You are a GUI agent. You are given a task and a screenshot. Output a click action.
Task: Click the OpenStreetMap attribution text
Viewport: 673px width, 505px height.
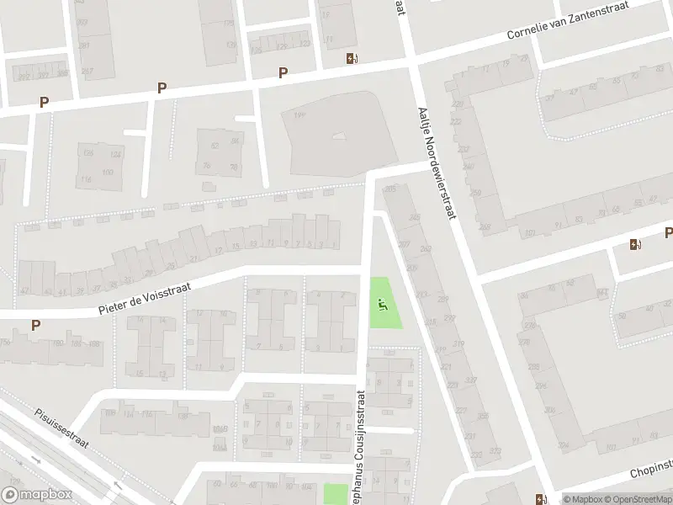tap(637, 499)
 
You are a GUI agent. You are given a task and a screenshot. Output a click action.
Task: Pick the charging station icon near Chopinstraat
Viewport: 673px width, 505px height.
tap(539, 497)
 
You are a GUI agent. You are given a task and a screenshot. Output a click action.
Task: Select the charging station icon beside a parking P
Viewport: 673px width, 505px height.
tap(634, 244)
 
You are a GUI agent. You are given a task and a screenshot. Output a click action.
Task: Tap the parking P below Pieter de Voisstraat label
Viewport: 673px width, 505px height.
tap(35, 325)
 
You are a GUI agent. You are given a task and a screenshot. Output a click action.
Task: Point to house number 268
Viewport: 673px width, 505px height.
tap(484, 226)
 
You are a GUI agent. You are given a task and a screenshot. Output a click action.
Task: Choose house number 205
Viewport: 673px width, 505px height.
tap(389, 189)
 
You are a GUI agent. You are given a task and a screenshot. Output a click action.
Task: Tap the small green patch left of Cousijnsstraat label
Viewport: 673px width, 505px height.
tap(336, 494)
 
